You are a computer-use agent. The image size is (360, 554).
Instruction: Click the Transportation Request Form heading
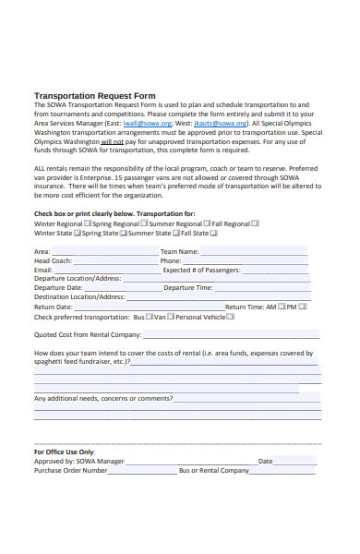point(94,96)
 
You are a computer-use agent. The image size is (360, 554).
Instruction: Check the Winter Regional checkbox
point(88,223)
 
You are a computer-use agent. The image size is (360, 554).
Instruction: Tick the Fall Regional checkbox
point(256,223)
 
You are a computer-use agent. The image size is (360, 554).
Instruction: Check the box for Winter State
point(78,234)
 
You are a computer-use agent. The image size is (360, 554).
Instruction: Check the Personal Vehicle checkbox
point(231,317)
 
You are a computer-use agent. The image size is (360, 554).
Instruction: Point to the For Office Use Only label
point(64,452)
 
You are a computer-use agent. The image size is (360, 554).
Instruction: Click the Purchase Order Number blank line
point(142,471)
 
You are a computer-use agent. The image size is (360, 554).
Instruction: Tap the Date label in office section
point(265,461)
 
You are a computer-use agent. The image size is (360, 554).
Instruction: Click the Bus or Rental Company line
point(286,471)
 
